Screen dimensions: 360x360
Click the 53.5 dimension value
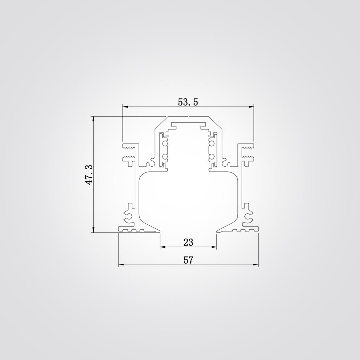[x=188, y=102]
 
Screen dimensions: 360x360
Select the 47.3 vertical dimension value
[x=89, y=175]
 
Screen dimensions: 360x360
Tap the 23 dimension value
[x=188, y=242]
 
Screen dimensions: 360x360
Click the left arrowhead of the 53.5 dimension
[x=125, y=107]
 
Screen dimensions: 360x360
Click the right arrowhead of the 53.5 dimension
[x=252, y=107]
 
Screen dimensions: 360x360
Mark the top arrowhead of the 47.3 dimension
[x=93, y=118]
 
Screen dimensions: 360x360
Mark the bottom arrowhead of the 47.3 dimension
[x=93, y=230]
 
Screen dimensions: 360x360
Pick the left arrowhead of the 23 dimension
[x=162, y=247]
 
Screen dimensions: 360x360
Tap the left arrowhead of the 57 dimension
[x=121, y=265]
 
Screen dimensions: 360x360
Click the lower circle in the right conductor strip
[x=211, y=157]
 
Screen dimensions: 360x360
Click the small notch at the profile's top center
[x=188, y=117]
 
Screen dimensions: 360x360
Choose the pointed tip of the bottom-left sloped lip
[x=159, y=232]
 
